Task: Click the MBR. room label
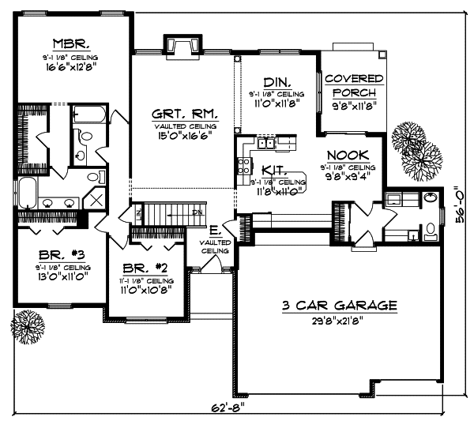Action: click(x=69, y=42)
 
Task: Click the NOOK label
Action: click(x=348, y=156)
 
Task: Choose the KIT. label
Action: click(x=273, y=170)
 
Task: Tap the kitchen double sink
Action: click(x=265, y=144)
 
